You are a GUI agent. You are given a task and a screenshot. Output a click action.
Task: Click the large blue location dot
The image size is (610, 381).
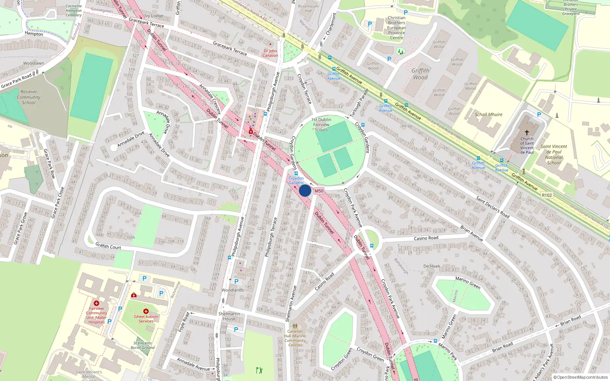(305, 190)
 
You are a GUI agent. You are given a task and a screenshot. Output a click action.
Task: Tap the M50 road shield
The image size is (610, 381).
(319, 191)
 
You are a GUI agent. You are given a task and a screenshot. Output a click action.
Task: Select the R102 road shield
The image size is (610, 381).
(547, 195)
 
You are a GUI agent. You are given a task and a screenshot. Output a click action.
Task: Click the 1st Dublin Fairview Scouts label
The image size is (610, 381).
(321, 125)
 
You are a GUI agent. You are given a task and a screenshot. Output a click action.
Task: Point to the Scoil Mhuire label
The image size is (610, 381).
(488, 114)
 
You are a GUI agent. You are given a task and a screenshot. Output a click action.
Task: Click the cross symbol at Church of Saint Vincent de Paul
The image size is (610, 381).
(527, 132)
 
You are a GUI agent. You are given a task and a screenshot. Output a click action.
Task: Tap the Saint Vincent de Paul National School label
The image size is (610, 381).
(554, 154)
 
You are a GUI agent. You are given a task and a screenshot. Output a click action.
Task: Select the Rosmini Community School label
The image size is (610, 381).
(29, 97)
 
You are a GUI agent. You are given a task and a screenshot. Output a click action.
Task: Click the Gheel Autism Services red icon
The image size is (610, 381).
(146, 311)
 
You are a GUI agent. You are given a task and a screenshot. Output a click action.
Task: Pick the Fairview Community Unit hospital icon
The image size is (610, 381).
(96, 303)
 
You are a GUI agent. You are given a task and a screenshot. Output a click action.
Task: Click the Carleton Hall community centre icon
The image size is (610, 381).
(295, 326)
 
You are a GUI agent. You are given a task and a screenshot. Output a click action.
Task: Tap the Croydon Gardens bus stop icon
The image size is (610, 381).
(296, 173)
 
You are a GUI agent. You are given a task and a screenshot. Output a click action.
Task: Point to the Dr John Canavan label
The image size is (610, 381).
(270, 53)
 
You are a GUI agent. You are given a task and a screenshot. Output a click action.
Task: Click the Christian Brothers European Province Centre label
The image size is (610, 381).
(396, 28)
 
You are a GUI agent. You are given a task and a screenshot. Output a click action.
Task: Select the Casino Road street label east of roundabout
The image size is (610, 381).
(426, 238)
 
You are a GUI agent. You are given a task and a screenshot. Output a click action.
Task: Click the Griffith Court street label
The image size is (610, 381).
(108, 246)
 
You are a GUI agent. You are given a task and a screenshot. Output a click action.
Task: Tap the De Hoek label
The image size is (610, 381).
(432, 266)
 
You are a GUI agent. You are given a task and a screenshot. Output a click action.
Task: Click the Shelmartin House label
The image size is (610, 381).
(229, 316)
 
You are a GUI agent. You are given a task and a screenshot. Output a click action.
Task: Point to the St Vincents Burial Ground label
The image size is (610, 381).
(143, 345)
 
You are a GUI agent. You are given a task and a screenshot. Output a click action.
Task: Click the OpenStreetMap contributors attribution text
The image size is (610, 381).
(581, 377)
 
